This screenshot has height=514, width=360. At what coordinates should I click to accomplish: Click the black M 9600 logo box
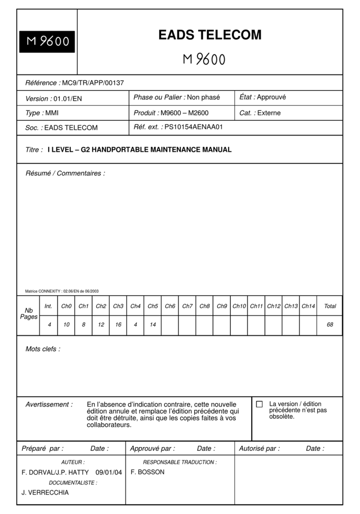click(47, 41)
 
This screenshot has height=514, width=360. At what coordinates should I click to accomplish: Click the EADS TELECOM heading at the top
click(210, 35)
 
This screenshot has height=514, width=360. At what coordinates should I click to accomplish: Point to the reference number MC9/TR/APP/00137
click(93, 82)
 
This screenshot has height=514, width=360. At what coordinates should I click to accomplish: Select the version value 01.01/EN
click(67, 98)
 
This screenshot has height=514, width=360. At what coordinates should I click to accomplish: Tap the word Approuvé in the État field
click(271, 97)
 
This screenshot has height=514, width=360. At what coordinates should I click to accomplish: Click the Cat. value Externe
click(269, 113)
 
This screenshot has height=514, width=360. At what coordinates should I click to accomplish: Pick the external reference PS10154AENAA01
click(193, 127)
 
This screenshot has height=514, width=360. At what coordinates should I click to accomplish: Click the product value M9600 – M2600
click(184, 113)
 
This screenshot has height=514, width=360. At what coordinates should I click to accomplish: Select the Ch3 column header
click(118, 306)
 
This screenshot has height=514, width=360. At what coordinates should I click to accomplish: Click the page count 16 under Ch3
click(118, 325)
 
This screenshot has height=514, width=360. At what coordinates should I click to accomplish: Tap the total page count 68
click(330, 325)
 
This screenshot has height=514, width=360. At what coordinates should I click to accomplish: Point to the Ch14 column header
click(308, 306)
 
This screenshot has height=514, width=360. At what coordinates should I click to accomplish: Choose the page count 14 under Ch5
click(153, 325)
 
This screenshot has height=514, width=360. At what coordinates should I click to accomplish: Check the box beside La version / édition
click(259, 404)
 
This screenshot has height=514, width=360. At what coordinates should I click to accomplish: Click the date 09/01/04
click(109, 472)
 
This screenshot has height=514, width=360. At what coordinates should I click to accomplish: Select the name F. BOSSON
click(147, 472)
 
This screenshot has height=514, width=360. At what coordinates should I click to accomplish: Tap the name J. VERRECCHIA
click(45, 493)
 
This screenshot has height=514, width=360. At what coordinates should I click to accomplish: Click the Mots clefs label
click(43, 349)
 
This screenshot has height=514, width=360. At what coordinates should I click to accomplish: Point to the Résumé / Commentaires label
click(65, 173)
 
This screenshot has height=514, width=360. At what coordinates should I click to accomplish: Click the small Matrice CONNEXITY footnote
click(62, 291)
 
